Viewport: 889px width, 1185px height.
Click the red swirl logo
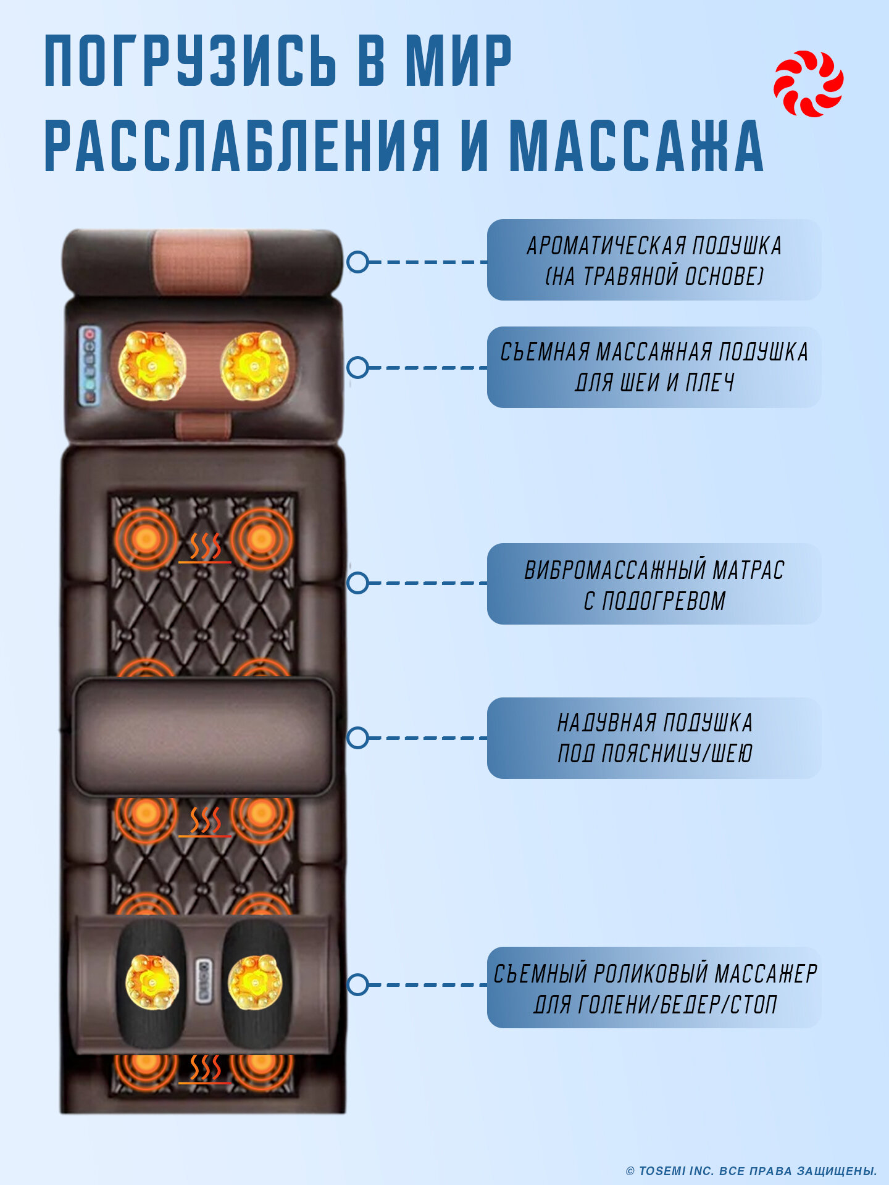808,84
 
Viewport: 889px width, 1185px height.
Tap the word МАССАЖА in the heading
636,146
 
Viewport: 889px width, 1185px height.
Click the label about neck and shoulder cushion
654,367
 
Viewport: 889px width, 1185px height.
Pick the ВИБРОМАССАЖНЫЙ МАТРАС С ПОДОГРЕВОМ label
654,584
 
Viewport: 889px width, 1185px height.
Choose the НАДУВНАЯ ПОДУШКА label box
654,738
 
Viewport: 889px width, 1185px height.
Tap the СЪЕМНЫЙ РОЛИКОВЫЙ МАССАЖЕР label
654,987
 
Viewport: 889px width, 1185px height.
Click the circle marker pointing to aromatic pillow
357,262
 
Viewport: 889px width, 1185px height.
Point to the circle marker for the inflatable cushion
357,738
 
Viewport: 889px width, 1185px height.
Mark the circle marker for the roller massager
357,984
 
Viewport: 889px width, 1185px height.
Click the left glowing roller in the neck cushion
151,365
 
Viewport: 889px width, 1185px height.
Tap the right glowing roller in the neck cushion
255,365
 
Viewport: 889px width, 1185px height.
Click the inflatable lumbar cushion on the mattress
203,737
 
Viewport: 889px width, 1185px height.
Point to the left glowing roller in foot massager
151,981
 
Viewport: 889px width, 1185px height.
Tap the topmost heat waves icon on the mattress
204,547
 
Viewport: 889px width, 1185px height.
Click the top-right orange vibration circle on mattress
261,539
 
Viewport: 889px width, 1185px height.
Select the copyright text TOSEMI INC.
751,1171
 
